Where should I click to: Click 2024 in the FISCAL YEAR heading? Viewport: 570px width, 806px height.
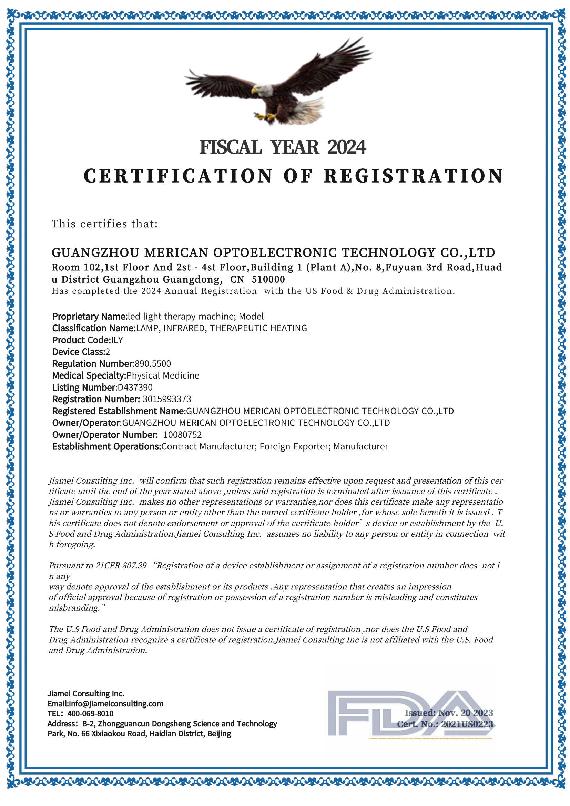tap(347, 147)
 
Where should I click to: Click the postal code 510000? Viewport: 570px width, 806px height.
tap(268, 280)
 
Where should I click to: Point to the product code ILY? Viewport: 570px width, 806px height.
tap(116, 340)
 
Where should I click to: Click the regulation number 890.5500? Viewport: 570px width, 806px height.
tap(153, 364)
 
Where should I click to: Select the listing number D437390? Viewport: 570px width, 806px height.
tap(135, 387)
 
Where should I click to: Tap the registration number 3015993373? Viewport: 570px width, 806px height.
tap(167, 399)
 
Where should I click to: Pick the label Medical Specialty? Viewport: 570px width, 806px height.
tap(89, 376)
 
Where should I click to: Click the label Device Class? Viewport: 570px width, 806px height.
tap(78, 352)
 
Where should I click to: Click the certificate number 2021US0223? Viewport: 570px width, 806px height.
tap(467, 724)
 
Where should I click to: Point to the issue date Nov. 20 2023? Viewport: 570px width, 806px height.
tap(465, 713)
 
